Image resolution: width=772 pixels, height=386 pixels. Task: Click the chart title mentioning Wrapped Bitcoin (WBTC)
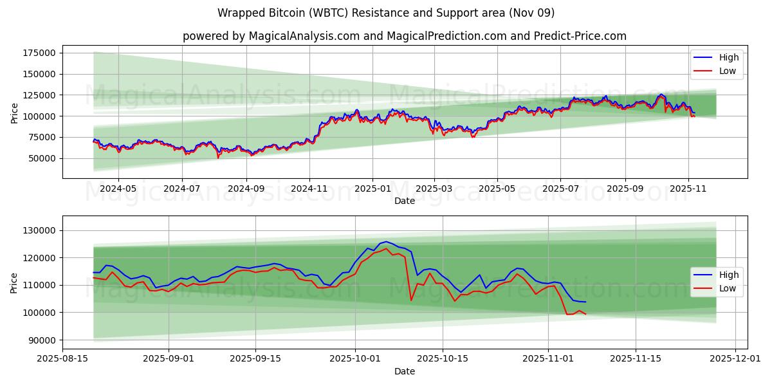coord(385,13)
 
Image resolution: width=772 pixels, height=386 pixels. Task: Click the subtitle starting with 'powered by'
coord(404,36)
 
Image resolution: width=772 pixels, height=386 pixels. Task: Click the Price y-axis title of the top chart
coord(14,113)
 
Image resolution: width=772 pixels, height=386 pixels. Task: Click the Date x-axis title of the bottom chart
coord(404,371)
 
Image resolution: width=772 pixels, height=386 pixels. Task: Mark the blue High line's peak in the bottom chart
coord(386,242)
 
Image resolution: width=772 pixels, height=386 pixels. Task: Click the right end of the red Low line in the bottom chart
coord(585,314)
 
